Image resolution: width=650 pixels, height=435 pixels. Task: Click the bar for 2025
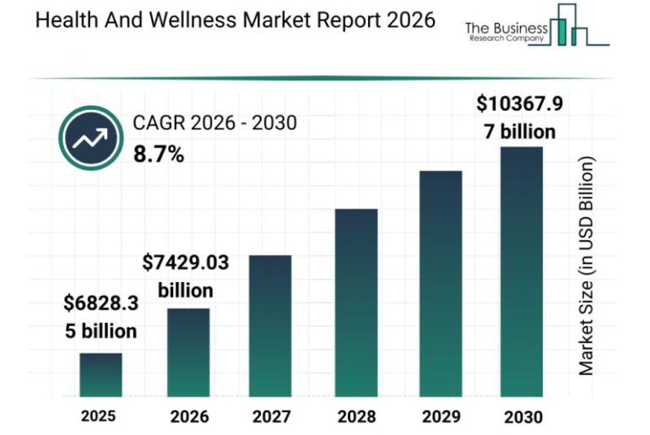(100, 375)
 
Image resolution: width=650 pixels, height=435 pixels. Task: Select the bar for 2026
(188, 352)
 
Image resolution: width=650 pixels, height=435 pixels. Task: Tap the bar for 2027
(270, 326)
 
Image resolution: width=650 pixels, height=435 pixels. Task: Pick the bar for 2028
(356, 302)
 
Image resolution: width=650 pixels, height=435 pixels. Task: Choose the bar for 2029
(441, 284)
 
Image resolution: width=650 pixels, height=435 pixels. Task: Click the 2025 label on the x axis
(99, 416)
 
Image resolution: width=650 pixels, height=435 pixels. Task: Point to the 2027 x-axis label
(271, 416)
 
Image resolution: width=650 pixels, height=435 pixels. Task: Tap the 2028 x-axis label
(355, 416)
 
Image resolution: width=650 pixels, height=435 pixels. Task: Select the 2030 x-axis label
(521, 416)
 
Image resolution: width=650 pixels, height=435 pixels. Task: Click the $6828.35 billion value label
(100, 317)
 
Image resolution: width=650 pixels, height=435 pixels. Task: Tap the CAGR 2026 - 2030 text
(214, 123)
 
